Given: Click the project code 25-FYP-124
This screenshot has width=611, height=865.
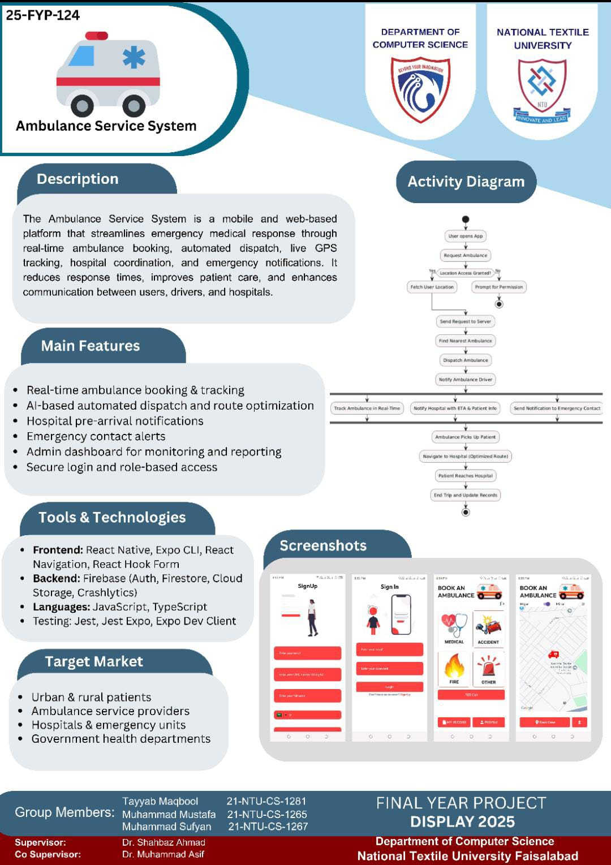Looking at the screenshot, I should (x=43, y=15).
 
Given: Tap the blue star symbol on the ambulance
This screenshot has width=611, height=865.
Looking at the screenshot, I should (x=134, y=57).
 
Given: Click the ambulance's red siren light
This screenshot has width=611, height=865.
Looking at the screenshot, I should (x=96, y=36).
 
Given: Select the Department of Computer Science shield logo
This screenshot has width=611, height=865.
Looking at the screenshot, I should (x=420, y=89).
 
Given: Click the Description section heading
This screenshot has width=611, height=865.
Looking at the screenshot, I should (x=78, y=179).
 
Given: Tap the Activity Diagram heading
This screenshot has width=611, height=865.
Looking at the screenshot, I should (x=466, y=182).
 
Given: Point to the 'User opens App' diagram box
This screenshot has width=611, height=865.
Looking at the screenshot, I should (x=466, y=236).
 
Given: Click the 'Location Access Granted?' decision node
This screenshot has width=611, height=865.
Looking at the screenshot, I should (x=465, y=273).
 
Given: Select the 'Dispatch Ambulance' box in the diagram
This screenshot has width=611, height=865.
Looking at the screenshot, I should (x=465, y=360).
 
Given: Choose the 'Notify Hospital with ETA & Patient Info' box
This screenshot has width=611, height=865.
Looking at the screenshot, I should (x=455, y=408).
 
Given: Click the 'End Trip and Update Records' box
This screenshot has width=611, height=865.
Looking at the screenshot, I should (x=465, y=495).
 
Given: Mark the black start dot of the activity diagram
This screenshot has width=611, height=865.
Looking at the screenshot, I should (x=465, y=220).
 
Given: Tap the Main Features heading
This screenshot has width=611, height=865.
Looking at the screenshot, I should (x=91, y=346).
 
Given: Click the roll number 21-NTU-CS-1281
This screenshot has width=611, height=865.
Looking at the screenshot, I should (x=266, y=801).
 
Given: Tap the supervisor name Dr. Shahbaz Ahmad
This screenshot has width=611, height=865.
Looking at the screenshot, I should (x=163, y=842).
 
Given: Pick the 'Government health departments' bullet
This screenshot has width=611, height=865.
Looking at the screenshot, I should (x=121, y=739).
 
